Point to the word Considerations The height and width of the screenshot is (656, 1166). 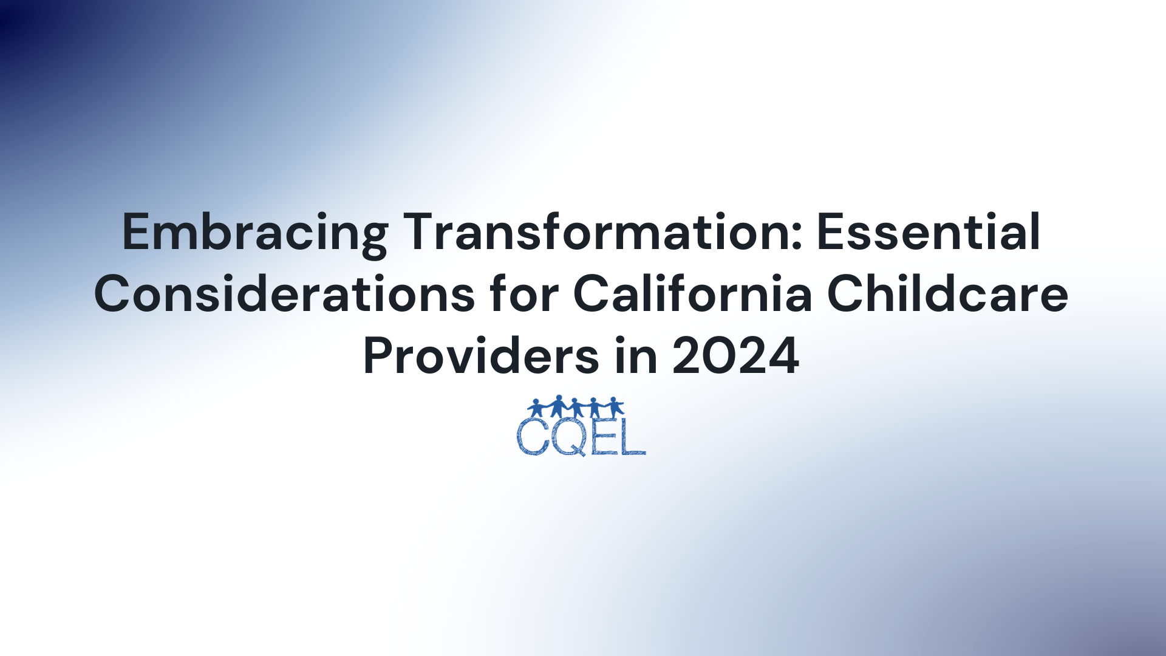click(285, 293)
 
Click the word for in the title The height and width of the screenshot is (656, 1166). click(524, 293)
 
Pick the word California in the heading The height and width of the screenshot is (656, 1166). click(693, 293)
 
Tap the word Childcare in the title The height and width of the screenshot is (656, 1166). click(948, 293)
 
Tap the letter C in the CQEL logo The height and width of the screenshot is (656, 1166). click(533, 436)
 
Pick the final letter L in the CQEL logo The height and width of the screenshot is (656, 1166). click(632, 436)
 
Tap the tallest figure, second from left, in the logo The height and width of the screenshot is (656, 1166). click(558, 406)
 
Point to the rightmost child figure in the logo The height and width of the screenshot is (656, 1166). click(615, 407)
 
